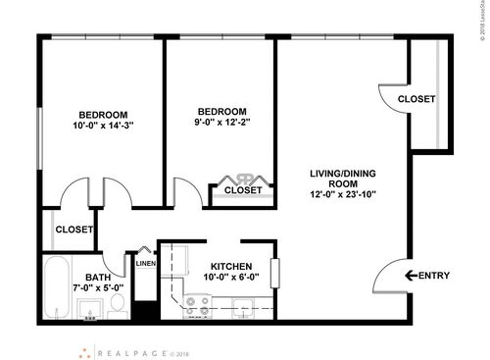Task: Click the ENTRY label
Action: coord(434,276)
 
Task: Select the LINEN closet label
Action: coord(145,263)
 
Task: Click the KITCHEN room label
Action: coord(232,266)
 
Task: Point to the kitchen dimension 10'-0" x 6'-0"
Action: coord(232,278)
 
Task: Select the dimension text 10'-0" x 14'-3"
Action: coord(103,126)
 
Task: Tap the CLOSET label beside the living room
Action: coord(417,100)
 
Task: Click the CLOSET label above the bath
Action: coord(73,230)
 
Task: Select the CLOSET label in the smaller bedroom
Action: coord(243,190)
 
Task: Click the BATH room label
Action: coord(98,278)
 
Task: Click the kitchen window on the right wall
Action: coord(276,271)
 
